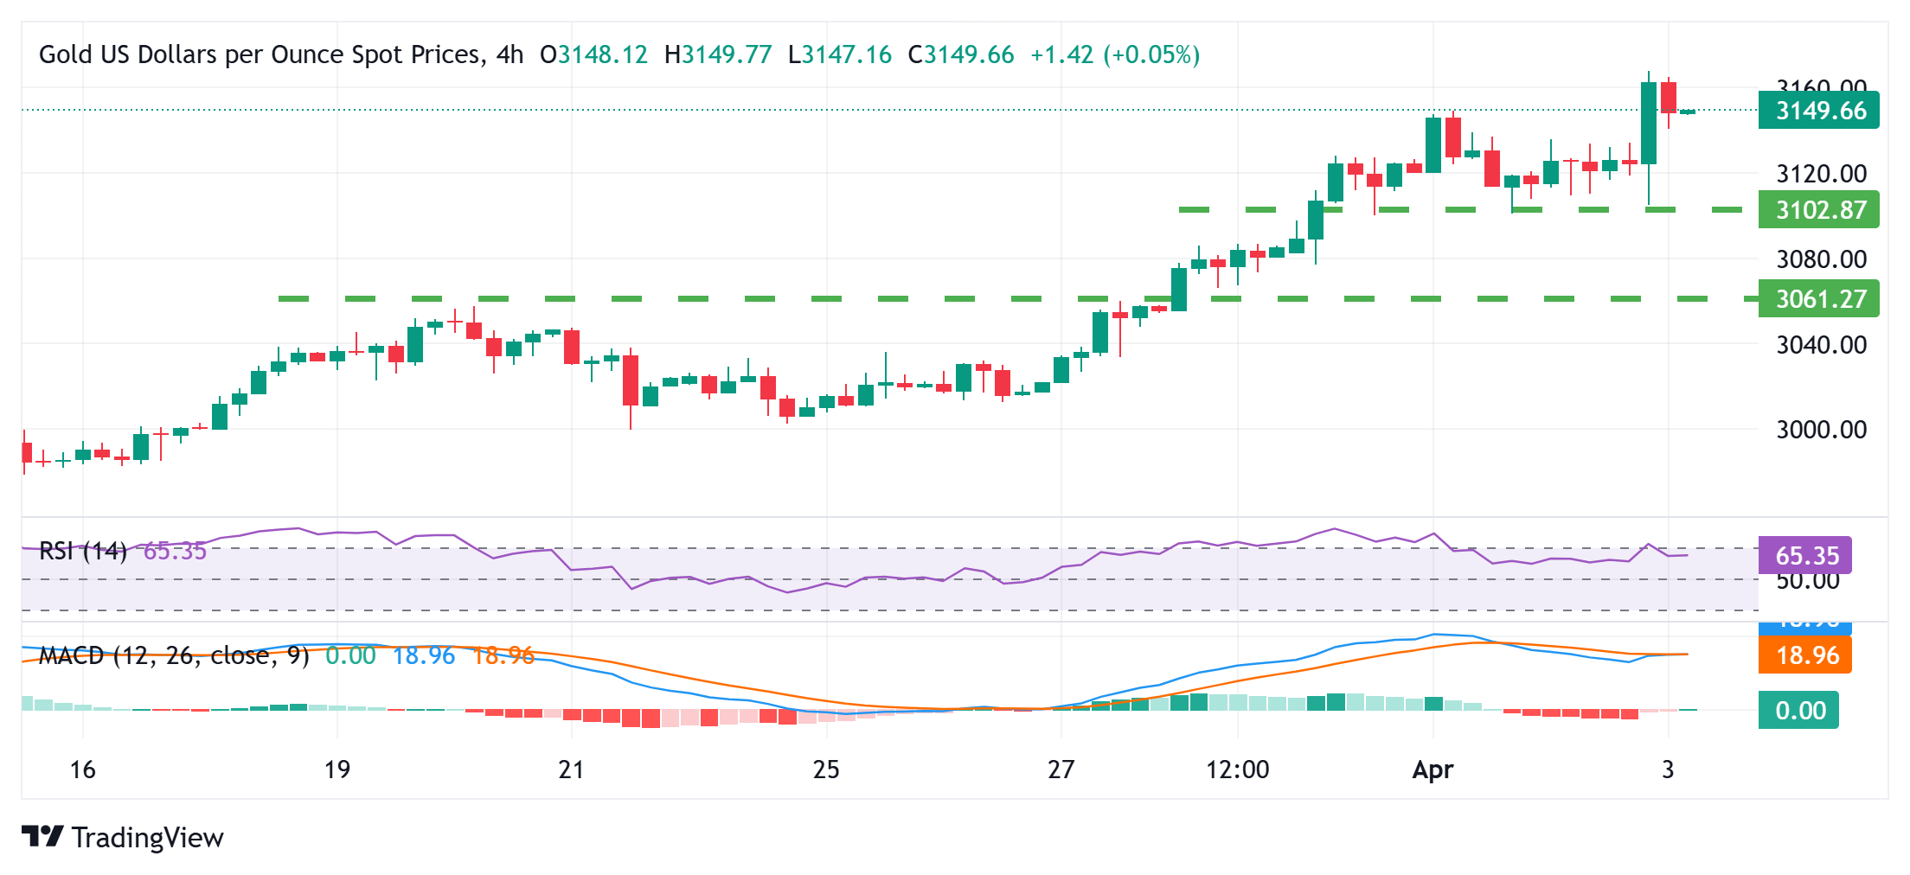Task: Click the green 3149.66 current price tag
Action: tap(1818, 111)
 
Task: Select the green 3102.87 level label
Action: tap(1818, 210)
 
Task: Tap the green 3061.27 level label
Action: tap(1818, 299)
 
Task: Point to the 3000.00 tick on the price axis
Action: tap(1821, 430)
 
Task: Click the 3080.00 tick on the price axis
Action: tap(1821, 259)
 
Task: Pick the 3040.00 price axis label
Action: tap(1821, 345)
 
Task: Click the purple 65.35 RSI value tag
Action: tap(1805, 555)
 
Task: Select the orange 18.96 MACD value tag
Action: tap(1805, 655)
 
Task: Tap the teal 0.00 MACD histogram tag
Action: tap(1799, 711)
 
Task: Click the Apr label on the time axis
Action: tap(1432, 770)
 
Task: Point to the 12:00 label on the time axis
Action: tap(1237, 770)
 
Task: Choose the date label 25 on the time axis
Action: tap(826, 770)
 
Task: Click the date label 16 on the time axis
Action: tap(82, 770)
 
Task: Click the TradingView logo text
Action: tap(147, 837)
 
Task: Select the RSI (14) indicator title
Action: tap(83, 551)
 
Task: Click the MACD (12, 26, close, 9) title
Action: tap(174, 655)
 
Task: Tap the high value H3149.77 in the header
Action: tap(717, 55)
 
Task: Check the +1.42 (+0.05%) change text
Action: tap(1114, 55)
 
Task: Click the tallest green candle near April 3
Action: tap(1649, 123)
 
